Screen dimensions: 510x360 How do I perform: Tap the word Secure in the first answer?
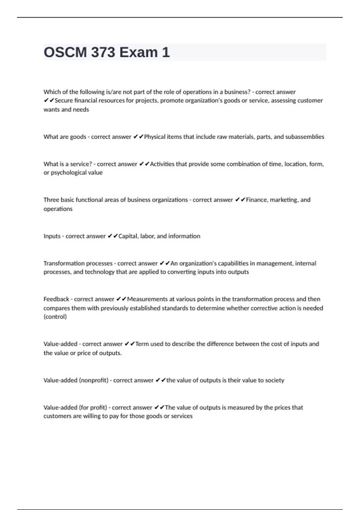click(x=64, y=100)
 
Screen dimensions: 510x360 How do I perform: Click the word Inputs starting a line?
click(x=52, y=236)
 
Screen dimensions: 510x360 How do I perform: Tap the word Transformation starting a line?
click(x=63, y=263)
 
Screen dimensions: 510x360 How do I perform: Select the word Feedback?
click(x=56, y=299)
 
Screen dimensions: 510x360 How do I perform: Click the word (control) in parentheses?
click(x=55, y=317)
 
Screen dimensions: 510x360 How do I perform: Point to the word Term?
click(x=142, y=344)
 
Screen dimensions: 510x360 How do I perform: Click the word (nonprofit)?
click(x=94, y=380)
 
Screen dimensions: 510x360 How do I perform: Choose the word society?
click(x=274, y=380)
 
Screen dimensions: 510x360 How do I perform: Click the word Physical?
click(x=154, y=137)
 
